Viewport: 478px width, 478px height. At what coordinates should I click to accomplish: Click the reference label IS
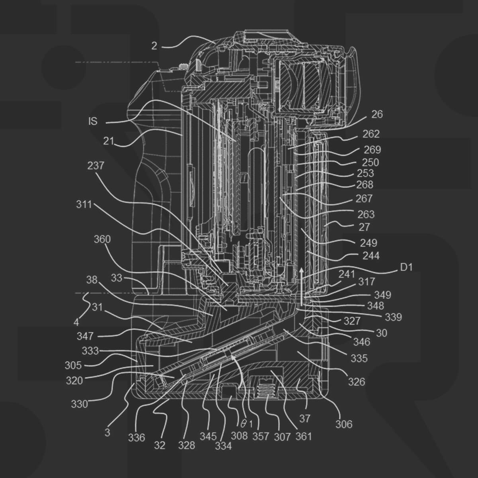[x=93, y=121]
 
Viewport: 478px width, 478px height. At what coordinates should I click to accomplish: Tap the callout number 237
[x=96, y=166]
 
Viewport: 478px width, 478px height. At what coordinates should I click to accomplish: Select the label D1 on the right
[x=406, y=267]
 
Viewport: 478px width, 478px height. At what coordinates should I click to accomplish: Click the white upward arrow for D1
[x=302, y=287]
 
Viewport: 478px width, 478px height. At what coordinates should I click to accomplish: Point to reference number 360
[x=102, y=239]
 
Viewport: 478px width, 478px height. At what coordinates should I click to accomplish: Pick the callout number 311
[x=84, y=205]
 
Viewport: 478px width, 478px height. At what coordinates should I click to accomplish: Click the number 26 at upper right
[x=377, y=114]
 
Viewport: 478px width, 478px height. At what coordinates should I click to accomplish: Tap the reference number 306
[x=344, y=424]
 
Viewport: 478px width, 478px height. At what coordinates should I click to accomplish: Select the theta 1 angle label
[x=246, y=424]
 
